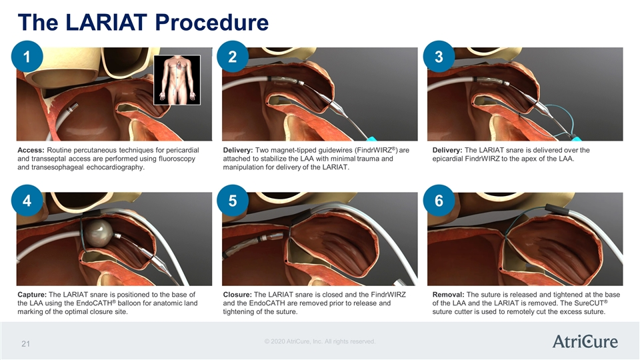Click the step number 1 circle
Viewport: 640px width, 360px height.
tap(27, 56)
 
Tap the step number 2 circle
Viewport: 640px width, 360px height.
tap(233, 56)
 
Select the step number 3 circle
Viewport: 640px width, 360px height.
tap(439, 56)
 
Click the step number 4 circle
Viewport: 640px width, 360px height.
tap(27, 201)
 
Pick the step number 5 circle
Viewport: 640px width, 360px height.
tap(233, 201)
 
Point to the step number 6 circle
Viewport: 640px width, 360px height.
tap(439, 201)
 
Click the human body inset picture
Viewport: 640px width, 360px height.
tap(177, 80)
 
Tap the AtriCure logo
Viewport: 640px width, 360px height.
tap(585, 341)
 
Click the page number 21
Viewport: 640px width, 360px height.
tap(26, 344)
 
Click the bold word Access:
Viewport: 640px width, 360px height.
tap(31, 150)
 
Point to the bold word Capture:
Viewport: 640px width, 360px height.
tap(32, 295)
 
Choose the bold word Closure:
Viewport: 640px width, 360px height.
tap(237, 295)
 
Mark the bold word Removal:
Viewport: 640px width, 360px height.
tap(448, 295)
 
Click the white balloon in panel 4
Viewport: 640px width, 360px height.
tap(99, 233)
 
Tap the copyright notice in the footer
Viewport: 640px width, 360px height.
tap(320, 341)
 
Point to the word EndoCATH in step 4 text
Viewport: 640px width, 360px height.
tap(94, 303)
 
